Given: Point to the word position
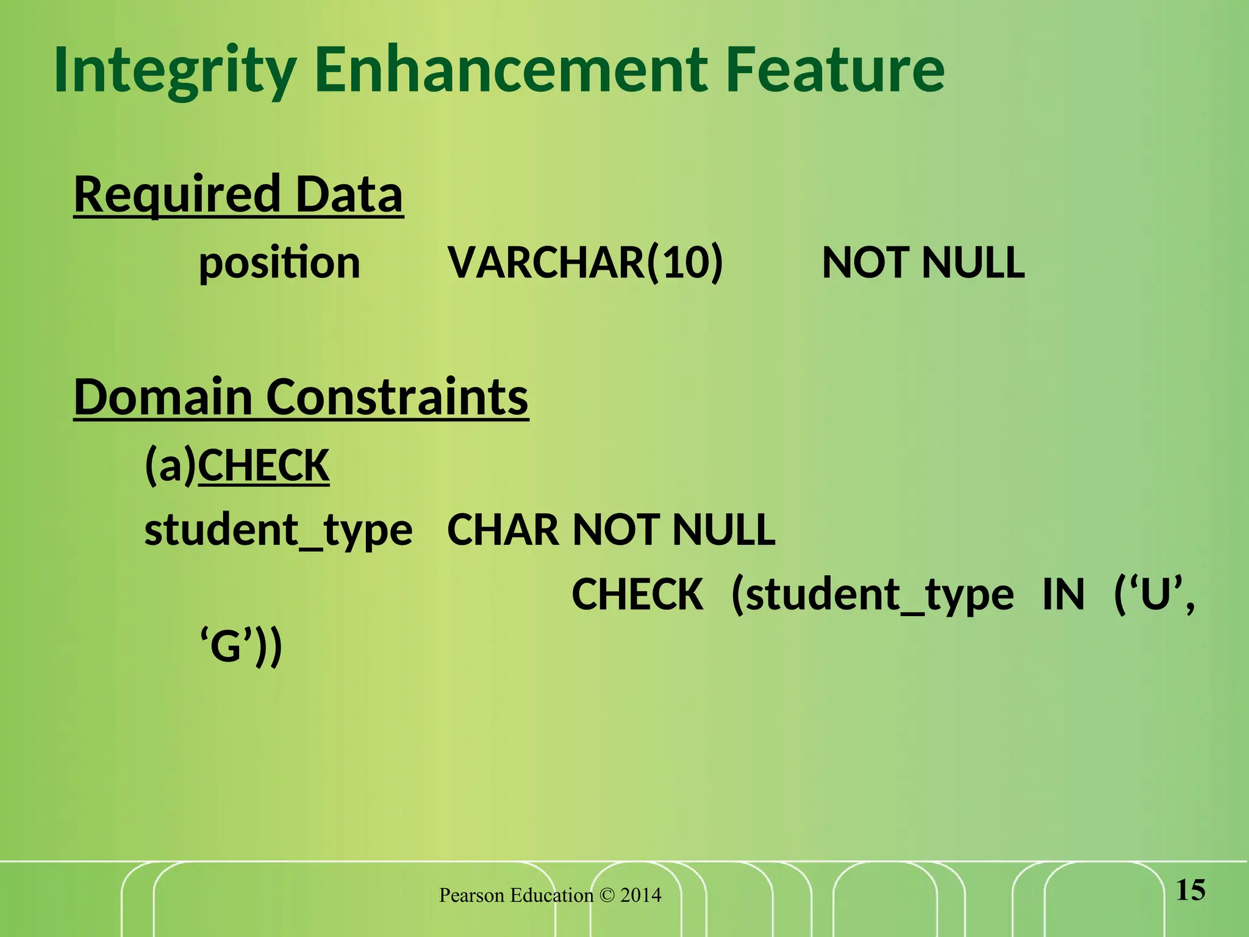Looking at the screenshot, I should tap(279, 264).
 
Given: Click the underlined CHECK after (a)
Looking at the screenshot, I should tap(263, 465).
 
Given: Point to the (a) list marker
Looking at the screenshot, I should tap(170, 465).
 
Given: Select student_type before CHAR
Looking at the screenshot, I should tap(278, 530).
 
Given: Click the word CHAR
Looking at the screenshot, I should tap(503, 530).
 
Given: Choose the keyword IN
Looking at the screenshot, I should tap(1064, 594).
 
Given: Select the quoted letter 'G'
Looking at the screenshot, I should tap(227, 647).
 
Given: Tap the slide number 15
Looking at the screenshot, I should tap(1190, 890).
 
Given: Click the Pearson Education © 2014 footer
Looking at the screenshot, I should tap(550, 895).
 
